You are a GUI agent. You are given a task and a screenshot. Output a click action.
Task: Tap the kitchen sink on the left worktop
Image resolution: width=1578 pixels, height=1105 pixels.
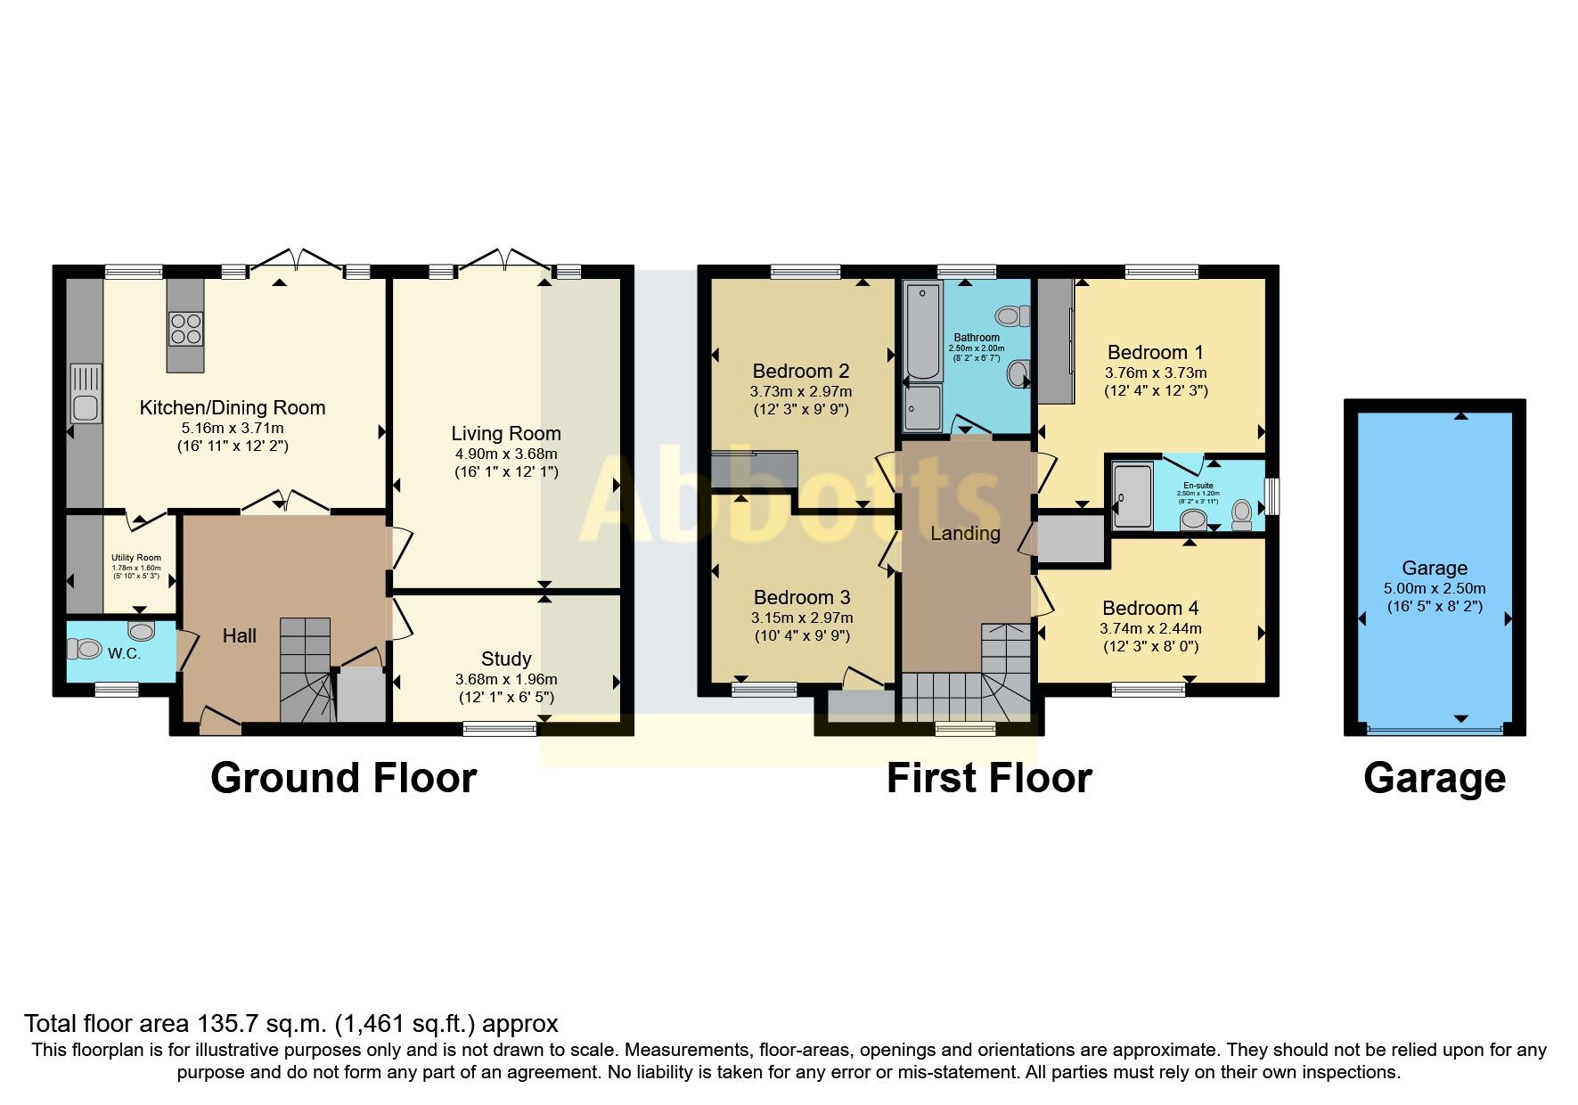click(x=86, y=394)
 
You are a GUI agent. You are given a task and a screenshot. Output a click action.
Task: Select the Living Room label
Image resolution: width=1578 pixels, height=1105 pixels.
click(x=505, y=434)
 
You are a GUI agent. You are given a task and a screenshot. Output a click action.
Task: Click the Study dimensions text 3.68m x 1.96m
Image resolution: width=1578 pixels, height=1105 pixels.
click(x=505, y=679)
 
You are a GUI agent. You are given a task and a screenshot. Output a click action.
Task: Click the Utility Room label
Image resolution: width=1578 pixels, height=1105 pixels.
click(x=136, y=558)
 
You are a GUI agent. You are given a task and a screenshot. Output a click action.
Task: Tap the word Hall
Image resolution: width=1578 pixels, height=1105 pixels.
click(x=239, y=636)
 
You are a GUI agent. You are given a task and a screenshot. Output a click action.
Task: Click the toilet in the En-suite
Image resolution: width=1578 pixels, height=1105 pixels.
click(x=1241, y=514)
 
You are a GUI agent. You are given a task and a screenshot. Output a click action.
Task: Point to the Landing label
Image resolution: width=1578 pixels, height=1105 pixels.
click(x=965, y=534)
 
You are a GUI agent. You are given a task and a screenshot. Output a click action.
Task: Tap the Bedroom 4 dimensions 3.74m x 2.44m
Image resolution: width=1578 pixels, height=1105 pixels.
click(x=1149, y=628)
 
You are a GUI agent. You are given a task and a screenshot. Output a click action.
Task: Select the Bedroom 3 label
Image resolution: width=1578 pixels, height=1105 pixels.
click(x=801, y=598)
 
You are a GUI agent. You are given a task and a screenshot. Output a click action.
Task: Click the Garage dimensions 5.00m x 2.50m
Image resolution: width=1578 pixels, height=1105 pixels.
click(x=1434, y=588)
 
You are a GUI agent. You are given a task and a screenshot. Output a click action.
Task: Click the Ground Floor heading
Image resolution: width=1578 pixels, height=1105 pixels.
click(x=343, y=778)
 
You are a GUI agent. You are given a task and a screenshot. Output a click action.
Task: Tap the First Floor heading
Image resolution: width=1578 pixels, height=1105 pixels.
click(x=988, y=778)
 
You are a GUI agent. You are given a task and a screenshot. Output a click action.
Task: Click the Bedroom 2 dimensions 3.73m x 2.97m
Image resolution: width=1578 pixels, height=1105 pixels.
click(x=800, y=391)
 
